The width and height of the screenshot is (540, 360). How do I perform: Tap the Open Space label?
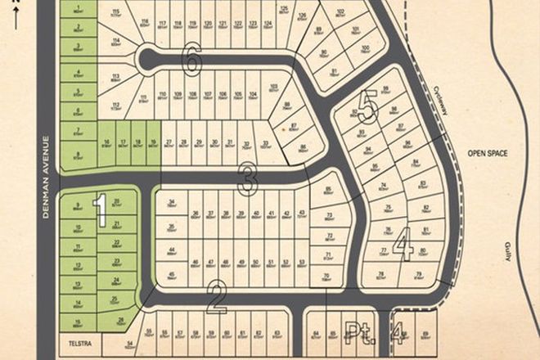(484, 153)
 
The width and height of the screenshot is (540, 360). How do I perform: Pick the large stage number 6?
(193, 58)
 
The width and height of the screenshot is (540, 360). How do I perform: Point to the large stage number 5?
(368, 108)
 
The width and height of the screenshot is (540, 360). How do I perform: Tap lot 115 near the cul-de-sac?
(118, 13)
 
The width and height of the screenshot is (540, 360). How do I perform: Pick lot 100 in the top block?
(365, 52)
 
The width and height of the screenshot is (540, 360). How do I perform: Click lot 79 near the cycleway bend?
(418, 274)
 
